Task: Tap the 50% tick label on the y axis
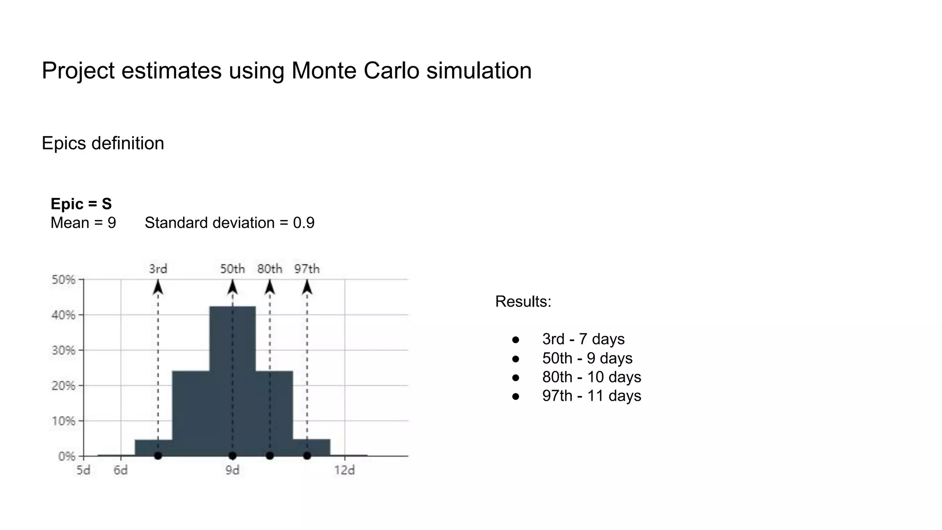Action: click(x=63, y=280)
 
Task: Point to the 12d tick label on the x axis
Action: click(x=345, y=470)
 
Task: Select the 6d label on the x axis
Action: click(x=121, y=470)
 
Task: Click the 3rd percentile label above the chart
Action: click(x=158, y=269)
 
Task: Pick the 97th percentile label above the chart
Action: click(x=307, y=269)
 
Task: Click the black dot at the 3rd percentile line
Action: click(x=158, y=456)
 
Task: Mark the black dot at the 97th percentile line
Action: click(x=307, y=456)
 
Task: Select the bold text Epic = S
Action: click(x=81, y=204)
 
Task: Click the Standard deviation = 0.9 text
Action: click(x=230, y=223)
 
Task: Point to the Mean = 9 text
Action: click(x=83, y=223)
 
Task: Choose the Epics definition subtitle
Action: click(x=103, y=143)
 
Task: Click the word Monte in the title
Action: click(x=324, y=70)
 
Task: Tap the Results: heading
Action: click(x=523, y=301)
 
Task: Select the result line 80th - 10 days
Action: click(x=592, y=377)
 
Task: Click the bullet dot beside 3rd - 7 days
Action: click(x=516, y=340)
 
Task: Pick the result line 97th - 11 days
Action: click(x=592, y=396)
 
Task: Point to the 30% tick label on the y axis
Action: click(x=63, y=351)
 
